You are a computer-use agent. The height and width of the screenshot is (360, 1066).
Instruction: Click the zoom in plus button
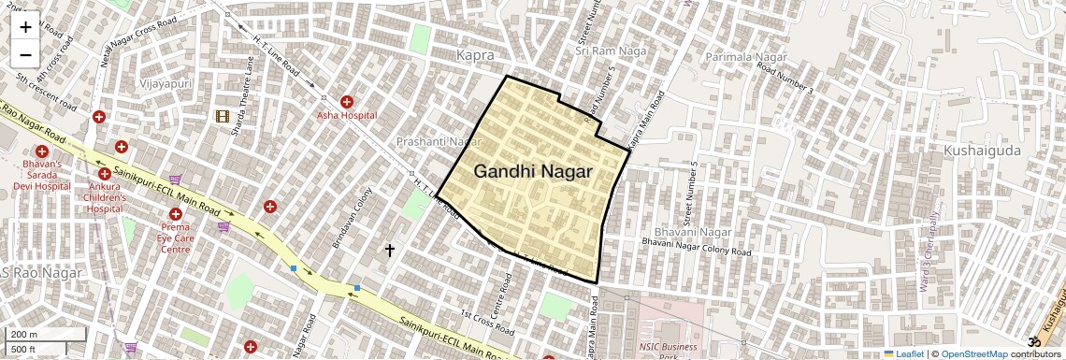(25, 26)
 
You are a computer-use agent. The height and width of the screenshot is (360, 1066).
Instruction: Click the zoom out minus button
(25, 55)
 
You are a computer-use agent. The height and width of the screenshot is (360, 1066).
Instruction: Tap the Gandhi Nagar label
(533, 171)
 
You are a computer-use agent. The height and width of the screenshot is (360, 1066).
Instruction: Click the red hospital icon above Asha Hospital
(347, 101)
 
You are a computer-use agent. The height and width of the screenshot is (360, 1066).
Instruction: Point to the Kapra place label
(475, 56)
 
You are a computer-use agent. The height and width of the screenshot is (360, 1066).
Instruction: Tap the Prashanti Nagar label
(438, 142)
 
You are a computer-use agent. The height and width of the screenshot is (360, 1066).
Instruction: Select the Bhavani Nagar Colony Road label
(698, 248)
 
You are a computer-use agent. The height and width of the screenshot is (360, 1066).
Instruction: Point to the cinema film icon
(222, 116)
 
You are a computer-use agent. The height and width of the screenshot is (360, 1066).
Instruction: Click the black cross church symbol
(390, 250)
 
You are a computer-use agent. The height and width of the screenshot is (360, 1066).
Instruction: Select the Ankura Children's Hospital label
(104, 197)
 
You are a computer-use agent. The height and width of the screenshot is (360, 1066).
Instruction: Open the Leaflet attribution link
(903, 353)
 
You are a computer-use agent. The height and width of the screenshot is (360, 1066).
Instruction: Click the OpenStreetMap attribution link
(973, 353)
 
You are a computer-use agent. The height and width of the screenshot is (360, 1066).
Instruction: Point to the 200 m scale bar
(45, 334)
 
